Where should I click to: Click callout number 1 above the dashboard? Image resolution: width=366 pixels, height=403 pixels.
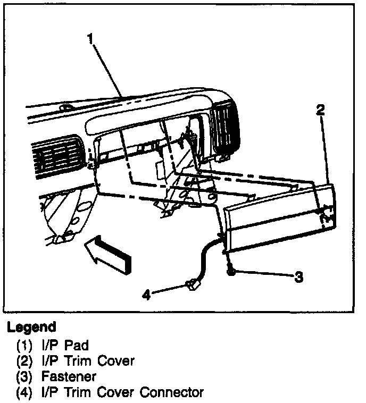point(91,38)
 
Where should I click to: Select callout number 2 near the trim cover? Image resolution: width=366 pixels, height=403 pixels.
point(320,110)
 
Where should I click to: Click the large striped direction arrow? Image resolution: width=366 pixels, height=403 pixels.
point(110,255)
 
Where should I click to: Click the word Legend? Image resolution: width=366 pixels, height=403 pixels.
point(31,326)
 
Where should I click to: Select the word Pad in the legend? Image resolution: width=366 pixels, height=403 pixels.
point(78,345)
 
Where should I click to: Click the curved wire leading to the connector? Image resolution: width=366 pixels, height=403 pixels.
point(204,261)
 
